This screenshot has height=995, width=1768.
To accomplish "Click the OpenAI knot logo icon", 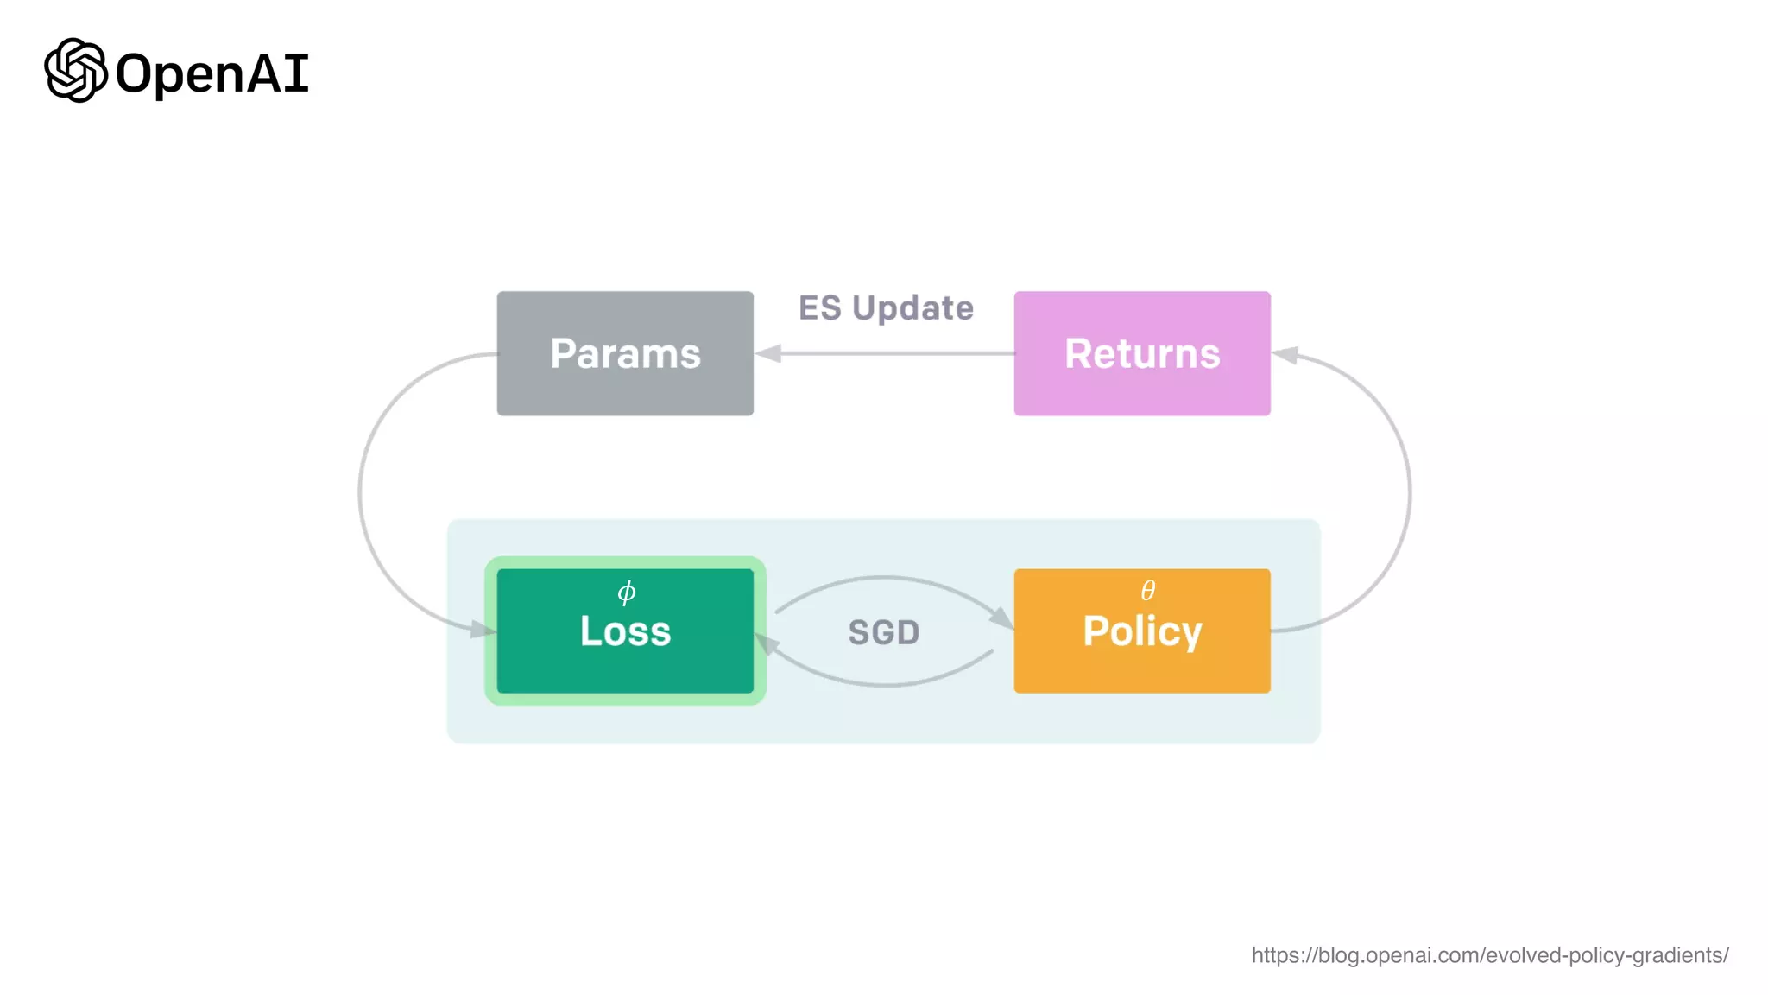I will (x=76, y=71).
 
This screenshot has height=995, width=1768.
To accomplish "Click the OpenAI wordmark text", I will (x=212, y=74).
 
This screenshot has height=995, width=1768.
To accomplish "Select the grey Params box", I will (x=625, y=353).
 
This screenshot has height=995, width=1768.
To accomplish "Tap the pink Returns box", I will (x=1142, y=353).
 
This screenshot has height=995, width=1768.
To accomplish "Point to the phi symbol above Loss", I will (x=627, y=592).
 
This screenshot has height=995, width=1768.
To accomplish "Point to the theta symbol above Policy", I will (x=1147, y=591).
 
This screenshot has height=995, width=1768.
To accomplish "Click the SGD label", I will (x=884, y=632).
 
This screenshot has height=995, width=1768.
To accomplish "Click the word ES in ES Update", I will (x=819, y=308).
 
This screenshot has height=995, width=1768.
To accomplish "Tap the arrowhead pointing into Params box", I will (x=768, y=353).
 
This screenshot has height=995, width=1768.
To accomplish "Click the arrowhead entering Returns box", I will (x=1285, y=355).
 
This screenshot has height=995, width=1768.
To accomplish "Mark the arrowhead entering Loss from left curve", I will (x=483, y=630).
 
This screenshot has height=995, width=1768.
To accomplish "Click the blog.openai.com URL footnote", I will (x=1490, y=955).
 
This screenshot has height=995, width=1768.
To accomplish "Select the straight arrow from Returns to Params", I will (x=898, y=353).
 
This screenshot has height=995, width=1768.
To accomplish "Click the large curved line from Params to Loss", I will (x=361, y=492).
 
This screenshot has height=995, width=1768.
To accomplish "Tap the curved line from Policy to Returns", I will (x=1409, y=492).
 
